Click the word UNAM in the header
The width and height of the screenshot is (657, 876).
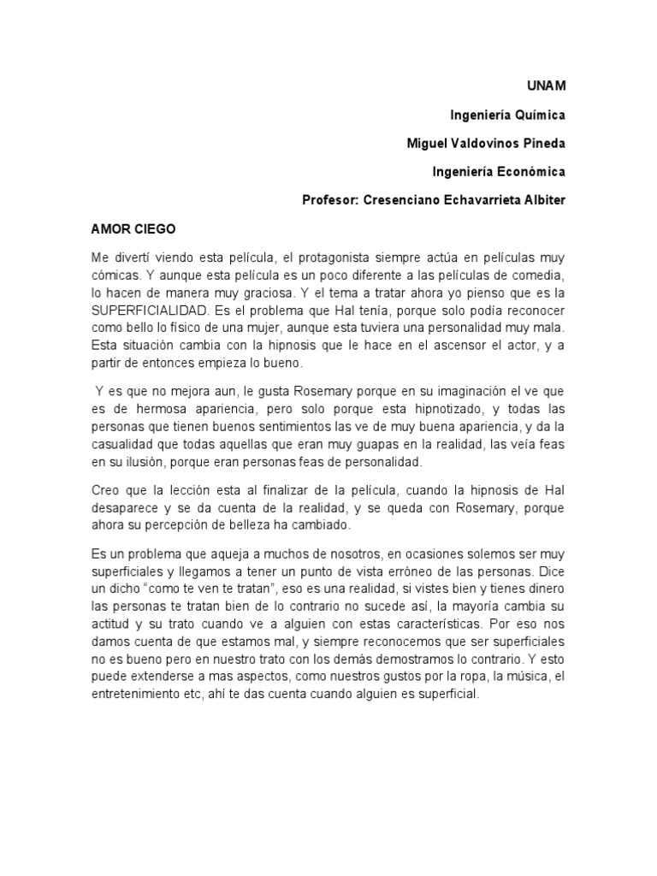[546, 86]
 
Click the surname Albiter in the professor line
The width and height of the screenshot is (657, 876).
[537, 200]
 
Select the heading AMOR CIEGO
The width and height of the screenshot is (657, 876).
[133, 229]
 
